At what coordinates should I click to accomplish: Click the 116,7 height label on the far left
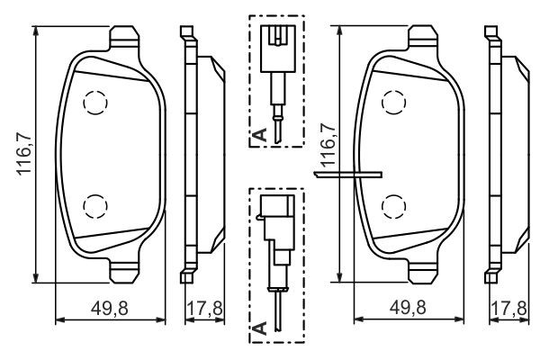[x=25, y=154]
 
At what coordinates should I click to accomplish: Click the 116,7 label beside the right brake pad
[x=328, y=145]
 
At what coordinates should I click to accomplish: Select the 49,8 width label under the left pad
[x=110, y=308]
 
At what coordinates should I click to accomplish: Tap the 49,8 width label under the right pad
[x=408, y=308]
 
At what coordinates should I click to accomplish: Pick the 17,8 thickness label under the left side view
[x=204, y=308]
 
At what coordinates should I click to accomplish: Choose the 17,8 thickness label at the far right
[x=508, y=308]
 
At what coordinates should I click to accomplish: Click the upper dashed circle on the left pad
[x=95, y=103]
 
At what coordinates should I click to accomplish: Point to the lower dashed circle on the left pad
[x=95, y=206]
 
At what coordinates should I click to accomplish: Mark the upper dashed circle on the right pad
[x=393, y=103]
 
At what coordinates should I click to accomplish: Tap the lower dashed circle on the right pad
[x=393, y=206]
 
